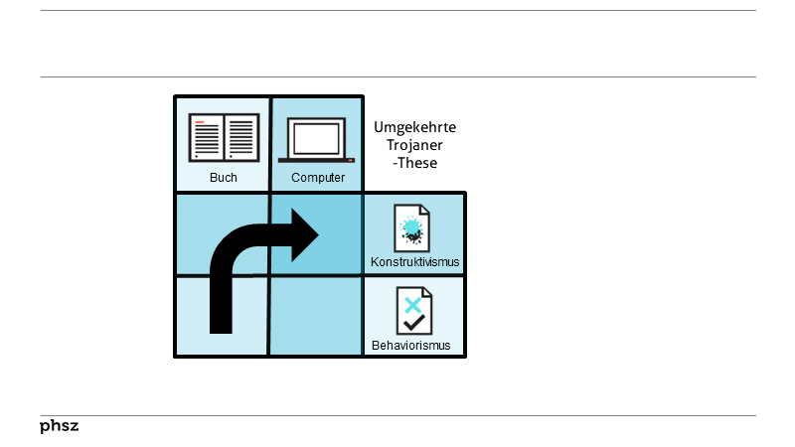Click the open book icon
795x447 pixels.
[x=223, y=139]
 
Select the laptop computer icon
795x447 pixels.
[x=317, y=140]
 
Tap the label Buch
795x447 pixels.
[x=223, y=178]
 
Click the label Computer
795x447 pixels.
[x=318, y=178]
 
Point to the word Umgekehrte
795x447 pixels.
[x=414, y=127]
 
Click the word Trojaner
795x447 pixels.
[x=414, y=145]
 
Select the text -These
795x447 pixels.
[x=414, y=163]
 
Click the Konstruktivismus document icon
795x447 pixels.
[x=412, y=227]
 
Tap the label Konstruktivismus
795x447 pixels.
[x=414, y=262]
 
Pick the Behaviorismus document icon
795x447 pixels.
[x=412, y=311]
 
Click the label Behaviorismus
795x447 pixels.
[x=411, y=346]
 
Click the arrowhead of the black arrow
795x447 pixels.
[x=304, y=236]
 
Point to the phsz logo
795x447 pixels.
[x=59, y=426]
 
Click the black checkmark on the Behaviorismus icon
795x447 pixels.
[x=413, y=322]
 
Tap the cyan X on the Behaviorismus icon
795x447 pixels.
[x=411, y=303]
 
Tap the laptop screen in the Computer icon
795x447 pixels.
[x=317, y=137]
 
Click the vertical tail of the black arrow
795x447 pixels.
[x=222, y=298]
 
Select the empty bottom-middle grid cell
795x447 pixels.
[x=316, y=316]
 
